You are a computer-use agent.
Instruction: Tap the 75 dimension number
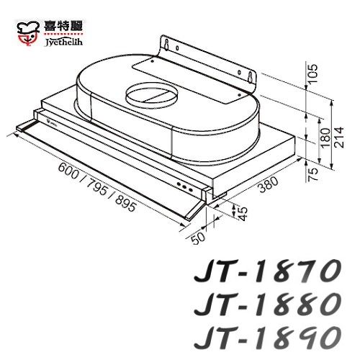click(x=312, y=175)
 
